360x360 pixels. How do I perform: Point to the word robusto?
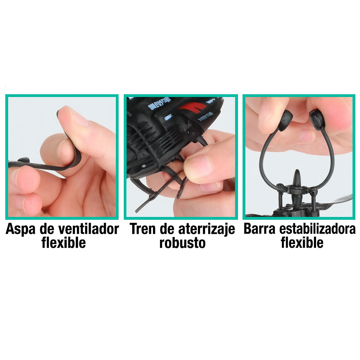click(x=182, y=243)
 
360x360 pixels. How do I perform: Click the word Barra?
click(x=260, y=229)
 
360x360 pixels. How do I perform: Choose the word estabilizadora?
click(x=317, y=229)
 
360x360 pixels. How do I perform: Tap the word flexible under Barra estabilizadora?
click(x=302, y=243)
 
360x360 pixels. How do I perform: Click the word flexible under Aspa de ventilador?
click(x=63, y=243)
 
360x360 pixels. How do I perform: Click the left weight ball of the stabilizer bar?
click(x=285, y=120)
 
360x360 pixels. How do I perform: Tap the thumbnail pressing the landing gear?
click(x=199, y=165)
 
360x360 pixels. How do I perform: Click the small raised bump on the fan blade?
click(x=23, y=160)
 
